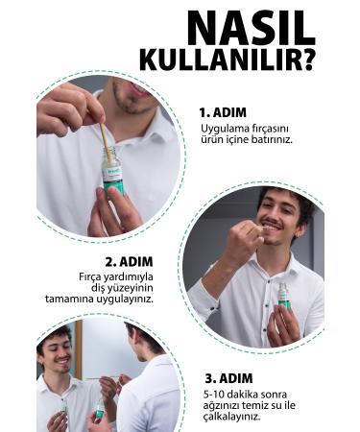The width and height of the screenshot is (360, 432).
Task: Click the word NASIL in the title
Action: tap(252, 28)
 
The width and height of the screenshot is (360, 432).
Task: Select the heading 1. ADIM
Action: tap(223, 112)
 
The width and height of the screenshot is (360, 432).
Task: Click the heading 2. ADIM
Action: tap(129, 262)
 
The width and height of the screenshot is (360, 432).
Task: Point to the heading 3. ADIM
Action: tap(228, 378)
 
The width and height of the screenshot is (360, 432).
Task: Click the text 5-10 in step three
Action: tap(212, 395)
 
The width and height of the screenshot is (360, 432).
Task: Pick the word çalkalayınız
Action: tap(231, 418)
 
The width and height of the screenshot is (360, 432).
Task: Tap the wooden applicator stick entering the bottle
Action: tap(107, 142)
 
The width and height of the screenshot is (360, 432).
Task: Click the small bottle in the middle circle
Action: tap(283, 297)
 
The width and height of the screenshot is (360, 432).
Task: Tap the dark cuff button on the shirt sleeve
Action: tap(211, 308)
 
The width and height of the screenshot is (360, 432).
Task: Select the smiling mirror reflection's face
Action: tap(58, 352)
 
